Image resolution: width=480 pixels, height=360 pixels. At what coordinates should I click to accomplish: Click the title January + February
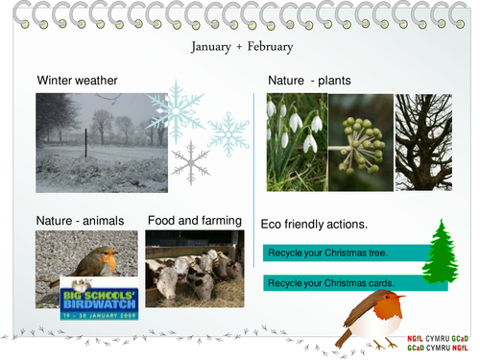[241, 46]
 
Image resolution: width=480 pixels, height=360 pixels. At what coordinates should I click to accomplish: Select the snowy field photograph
[101, 142]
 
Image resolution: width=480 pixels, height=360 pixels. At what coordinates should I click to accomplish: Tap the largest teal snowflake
[177, 111]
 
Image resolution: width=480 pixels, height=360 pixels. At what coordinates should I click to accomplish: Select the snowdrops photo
[296, 142]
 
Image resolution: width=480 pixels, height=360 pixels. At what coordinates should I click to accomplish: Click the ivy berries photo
[360, 142]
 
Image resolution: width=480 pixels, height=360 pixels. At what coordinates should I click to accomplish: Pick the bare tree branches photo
[423, 142]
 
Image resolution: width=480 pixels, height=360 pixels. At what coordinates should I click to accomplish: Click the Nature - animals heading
[80, 221]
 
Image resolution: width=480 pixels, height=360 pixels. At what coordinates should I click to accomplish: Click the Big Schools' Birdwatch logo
[100, 298]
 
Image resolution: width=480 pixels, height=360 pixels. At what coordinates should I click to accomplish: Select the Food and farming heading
[194, 221]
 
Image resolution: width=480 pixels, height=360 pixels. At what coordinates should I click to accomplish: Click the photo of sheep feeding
[194, 268]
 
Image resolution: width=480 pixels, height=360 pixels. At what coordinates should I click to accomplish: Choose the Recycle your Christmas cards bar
[344, 283]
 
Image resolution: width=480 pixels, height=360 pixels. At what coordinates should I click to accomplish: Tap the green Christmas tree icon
[441, 252]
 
